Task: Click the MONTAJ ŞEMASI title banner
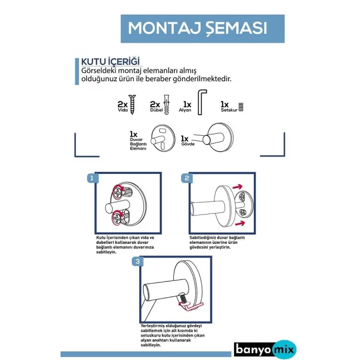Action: (198, 28)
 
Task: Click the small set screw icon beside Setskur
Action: (240, 107)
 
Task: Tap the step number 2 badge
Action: (186, 178)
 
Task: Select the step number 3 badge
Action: (137, 262)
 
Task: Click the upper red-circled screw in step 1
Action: (118, 192)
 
